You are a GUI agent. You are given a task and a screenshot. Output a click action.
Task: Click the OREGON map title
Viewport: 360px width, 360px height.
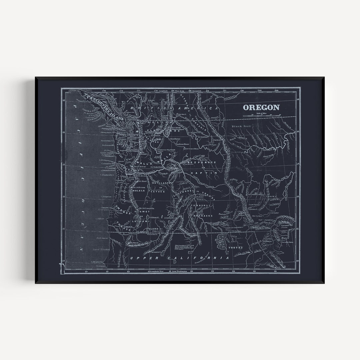click(x=261, y=107)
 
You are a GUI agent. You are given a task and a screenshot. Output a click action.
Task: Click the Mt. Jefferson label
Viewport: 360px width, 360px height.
click(x=141, y=187)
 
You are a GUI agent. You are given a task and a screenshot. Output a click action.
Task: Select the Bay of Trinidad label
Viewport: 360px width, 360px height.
click(x=101, y=249)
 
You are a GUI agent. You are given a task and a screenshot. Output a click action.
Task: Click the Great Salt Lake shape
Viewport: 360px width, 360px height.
click(x=222, y=241)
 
